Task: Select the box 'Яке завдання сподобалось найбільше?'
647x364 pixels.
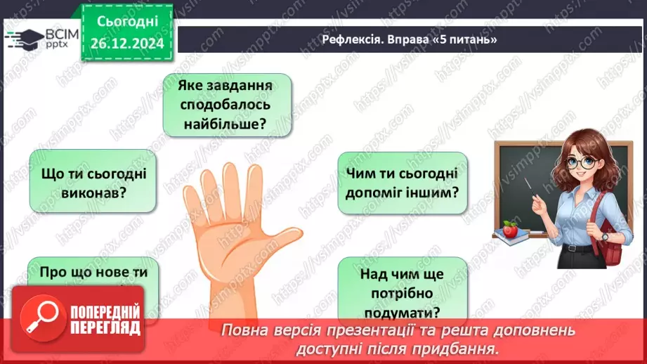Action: pyautogui.click(x=226, y=105)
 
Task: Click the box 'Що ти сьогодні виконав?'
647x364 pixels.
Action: pyautogui.click(x=92, y=181)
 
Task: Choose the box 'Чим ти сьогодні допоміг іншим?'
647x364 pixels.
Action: pyautogui.click(x=403, y=183)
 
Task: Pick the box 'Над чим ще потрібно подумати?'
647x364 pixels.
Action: pyautogui.click(x=403, y=291)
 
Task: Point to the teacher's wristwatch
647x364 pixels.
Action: pyautogui.click(x=603, y=237)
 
